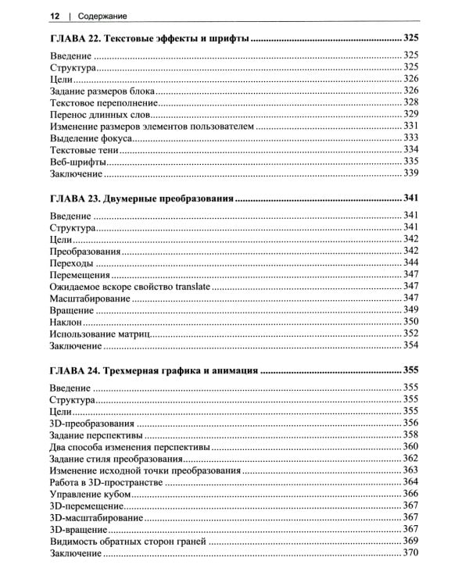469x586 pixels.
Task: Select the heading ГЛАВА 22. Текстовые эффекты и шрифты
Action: pyautogui.click(x=148, y=38)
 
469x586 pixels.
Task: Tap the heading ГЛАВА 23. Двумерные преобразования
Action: pyautogui.click(x=141, y=198)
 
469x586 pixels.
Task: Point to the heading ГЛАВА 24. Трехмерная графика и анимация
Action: pyautogui.click(x=153, y=370)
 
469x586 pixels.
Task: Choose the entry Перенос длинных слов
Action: pyautogui.click(x=98, y=114)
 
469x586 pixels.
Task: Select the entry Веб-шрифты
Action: pyautogui.click(x=77, y=161)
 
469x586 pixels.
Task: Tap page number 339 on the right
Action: pyautogui.click(x=411, y=173)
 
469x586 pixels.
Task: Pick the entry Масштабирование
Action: pyautogui.click(x=90, y=298)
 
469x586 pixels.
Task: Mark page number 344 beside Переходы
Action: pyautogui.click(x=411, y=263)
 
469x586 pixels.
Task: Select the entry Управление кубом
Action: pyautogui.click(x=92, y=493)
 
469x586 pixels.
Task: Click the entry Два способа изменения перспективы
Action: pyautogui.click(x=129, y=446)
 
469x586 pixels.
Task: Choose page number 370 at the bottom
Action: pyautogui.click(x=411, y=553)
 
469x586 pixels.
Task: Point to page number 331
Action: pyautogui.click(x=411, y=126)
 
